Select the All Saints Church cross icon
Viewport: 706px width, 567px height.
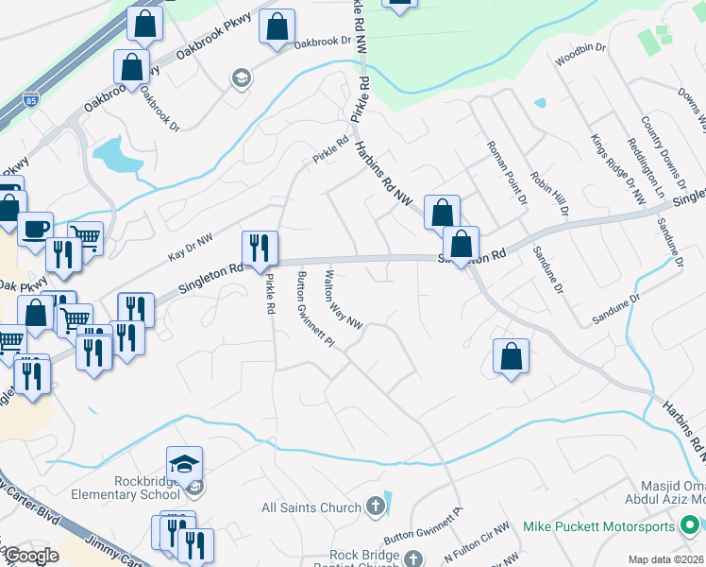[375, 507]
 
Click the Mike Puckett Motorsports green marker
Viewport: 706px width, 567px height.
[690, 525]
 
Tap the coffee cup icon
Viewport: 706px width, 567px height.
[36, 230]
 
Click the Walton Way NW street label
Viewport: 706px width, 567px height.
[344, 301]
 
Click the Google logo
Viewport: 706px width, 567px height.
[31, 557]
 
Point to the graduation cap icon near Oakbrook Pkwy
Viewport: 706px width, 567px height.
[242, 77]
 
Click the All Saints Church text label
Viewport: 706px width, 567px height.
[311, 507]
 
